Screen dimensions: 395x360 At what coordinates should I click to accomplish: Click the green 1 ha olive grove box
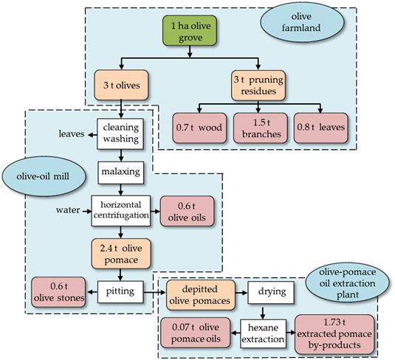(190, 31)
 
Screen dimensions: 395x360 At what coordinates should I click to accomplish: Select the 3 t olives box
(121, 85)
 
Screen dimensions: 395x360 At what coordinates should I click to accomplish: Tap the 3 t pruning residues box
(258, 86)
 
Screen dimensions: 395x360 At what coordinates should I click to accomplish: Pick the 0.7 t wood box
(199, 128)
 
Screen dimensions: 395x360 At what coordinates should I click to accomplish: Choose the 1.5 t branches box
(260, 128)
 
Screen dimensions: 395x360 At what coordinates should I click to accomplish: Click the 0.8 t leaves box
(320, 128)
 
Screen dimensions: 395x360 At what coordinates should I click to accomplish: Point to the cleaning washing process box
(120, 134)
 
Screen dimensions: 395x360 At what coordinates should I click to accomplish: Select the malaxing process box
(120, 173)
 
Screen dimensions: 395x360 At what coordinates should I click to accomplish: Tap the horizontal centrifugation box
(121, 211)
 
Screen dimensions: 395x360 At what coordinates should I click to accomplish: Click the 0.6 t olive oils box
(187, 211)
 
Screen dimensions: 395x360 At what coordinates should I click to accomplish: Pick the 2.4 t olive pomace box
(121, 254)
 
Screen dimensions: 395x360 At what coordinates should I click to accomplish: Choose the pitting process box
(120, 292)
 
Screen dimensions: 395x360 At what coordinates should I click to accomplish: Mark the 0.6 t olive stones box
(58, 292)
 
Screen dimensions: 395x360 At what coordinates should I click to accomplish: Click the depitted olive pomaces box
(201, 295)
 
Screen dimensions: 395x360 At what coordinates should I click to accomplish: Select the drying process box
(271, 292)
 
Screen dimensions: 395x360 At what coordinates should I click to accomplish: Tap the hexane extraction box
(264, 333)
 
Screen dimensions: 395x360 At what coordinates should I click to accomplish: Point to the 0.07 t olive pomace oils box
(196, 333)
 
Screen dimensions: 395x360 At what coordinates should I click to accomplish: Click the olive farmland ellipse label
(302, 22)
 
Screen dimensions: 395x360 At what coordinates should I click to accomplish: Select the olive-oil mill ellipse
(44, 176)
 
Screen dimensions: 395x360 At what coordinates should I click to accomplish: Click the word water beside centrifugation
(68, 210)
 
